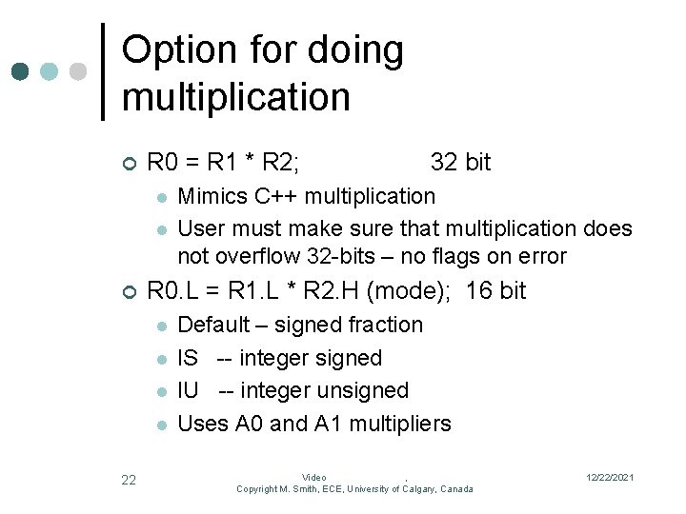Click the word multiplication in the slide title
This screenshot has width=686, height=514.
tap(236, 97)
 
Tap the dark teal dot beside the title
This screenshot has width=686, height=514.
tap(21, 71)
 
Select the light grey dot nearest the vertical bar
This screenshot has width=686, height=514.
tap(78, 71)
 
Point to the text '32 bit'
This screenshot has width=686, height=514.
tap(460, 163)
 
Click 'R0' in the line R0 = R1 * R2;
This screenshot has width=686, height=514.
tap(162, 163)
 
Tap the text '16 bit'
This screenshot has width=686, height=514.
tap(495, 290)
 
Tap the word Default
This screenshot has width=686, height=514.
tap(214, 325)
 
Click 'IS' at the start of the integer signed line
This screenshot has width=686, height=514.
tap(188, 359)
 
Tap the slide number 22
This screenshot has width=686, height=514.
tap(129, 481)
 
